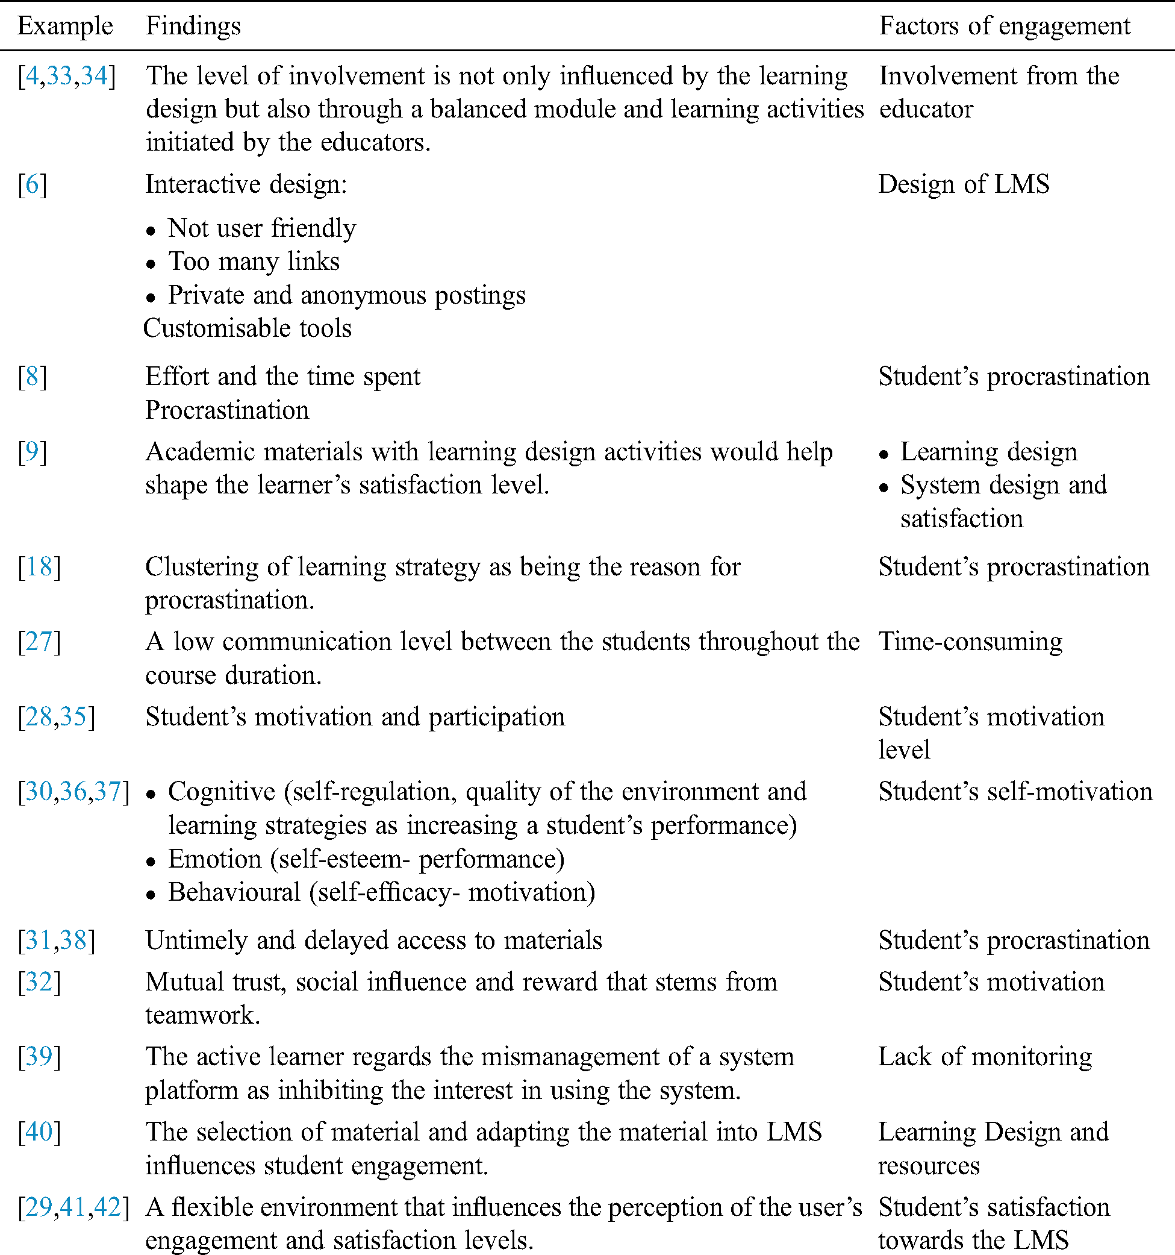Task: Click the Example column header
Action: [65, 27]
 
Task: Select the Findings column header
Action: [193, 27]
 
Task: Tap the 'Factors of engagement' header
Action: [1005, 27]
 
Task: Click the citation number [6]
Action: [32, 184]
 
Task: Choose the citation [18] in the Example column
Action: [39, 567]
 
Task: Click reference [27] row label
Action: [39, 642]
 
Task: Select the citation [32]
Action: [39, 982]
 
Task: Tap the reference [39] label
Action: [39, 1057]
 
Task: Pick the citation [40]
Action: [39, 1132]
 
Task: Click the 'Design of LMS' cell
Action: [964, 184]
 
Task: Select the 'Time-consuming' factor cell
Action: [970, 642]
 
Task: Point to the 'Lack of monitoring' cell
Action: [985, 1057]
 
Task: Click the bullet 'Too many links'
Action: [254, 262]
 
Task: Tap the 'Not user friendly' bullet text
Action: [262, 228]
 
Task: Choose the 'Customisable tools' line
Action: [248, 328]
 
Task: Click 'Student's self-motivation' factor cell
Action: [1015, 792]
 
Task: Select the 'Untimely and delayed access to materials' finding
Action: [373, 940]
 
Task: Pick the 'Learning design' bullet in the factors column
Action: [988, 452]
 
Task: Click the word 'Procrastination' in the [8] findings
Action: [227, 410]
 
